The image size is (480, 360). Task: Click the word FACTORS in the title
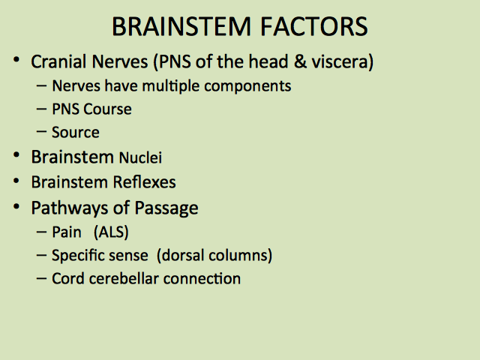[x=313, y=27]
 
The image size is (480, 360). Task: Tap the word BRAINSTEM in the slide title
[x=181, y=27]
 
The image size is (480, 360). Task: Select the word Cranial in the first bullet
[x=58, y=61]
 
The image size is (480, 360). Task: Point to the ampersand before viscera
[x=300, y=61]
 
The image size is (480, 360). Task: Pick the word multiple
[x=171, y=86]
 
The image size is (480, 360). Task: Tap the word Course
[x=107, y=109]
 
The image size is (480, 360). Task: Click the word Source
[x=76, y=133]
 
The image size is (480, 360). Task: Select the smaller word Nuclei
[x=140, y=157]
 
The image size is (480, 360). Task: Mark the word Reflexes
[x=144, y=182]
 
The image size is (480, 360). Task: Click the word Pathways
[x=70, y=208]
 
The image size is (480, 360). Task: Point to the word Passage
[x=166, y=208]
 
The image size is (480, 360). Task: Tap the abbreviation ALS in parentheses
[x=111, y=232]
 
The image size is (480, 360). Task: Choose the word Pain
[x=67, y=232]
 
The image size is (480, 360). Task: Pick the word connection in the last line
[x=202, y=279]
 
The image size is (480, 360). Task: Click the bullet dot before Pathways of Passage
[x=16, y=207]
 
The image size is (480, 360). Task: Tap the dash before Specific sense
[x=41, y=255]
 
